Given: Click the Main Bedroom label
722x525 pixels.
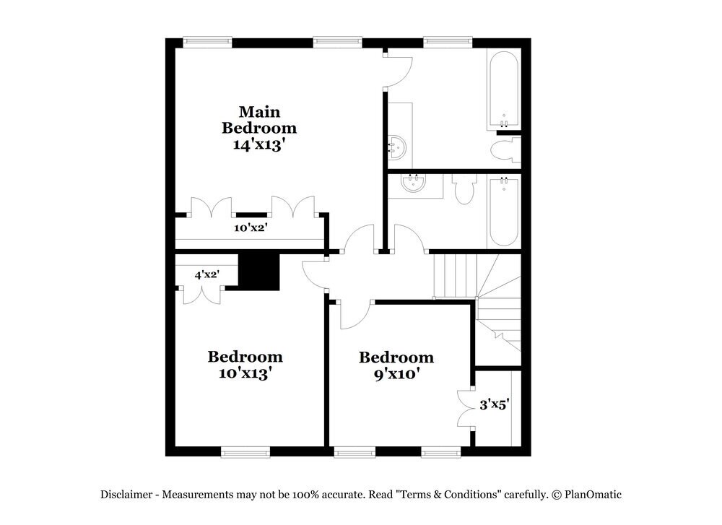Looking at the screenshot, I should (x=258, y=120).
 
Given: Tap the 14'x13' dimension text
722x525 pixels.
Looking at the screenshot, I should (x=258, y=144).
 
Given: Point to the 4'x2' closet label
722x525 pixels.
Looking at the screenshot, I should (x=206, y=274).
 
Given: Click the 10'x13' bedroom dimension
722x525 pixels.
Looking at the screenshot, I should (x=245, y=373).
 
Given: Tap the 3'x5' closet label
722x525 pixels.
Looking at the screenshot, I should (x=495, y=404).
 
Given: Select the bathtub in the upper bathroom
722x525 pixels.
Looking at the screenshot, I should (x=503, y=90).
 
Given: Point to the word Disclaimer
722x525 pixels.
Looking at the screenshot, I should (x=126, y=495).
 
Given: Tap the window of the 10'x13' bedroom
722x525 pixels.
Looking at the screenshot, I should (x=245, y=453).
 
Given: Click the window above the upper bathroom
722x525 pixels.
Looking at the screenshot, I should (x=448, y=42).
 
